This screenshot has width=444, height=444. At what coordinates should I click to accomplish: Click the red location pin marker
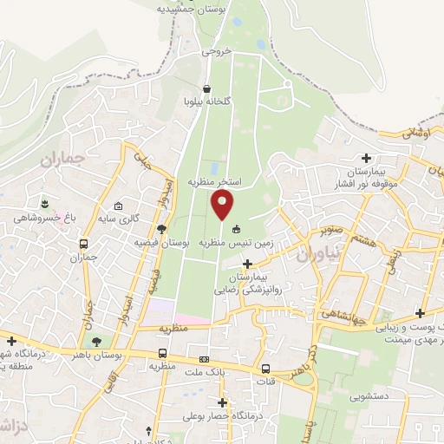[223, 205]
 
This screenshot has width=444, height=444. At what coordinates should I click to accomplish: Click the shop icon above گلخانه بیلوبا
[206, 88]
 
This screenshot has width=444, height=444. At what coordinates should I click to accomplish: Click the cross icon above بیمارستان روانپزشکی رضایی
[248, 263]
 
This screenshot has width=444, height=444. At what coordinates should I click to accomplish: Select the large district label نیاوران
[313, 252]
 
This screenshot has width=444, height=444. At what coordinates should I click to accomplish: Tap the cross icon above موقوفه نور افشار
[367, 158]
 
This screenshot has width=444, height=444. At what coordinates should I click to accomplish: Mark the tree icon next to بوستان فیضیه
[161, 228]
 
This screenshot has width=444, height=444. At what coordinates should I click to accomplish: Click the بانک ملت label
[205, 374]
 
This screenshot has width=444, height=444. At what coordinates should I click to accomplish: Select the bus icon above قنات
[265, 368]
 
